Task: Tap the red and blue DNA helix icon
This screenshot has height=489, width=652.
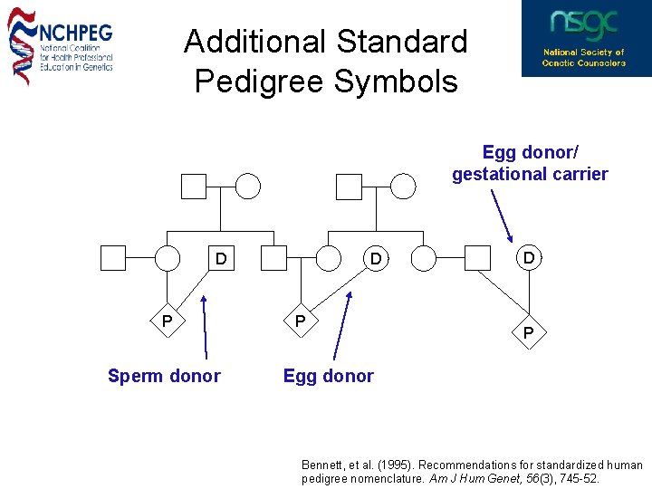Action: point(22,45)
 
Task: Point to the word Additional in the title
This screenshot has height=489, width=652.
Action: point(254,42)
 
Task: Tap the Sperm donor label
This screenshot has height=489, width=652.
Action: point(164,376)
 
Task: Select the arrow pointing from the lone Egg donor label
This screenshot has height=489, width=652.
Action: point(342,326)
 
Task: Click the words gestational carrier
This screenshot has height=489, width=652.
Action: point(530,174)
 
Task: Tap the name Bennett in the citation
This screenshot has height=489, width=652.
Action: point(323,465)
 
